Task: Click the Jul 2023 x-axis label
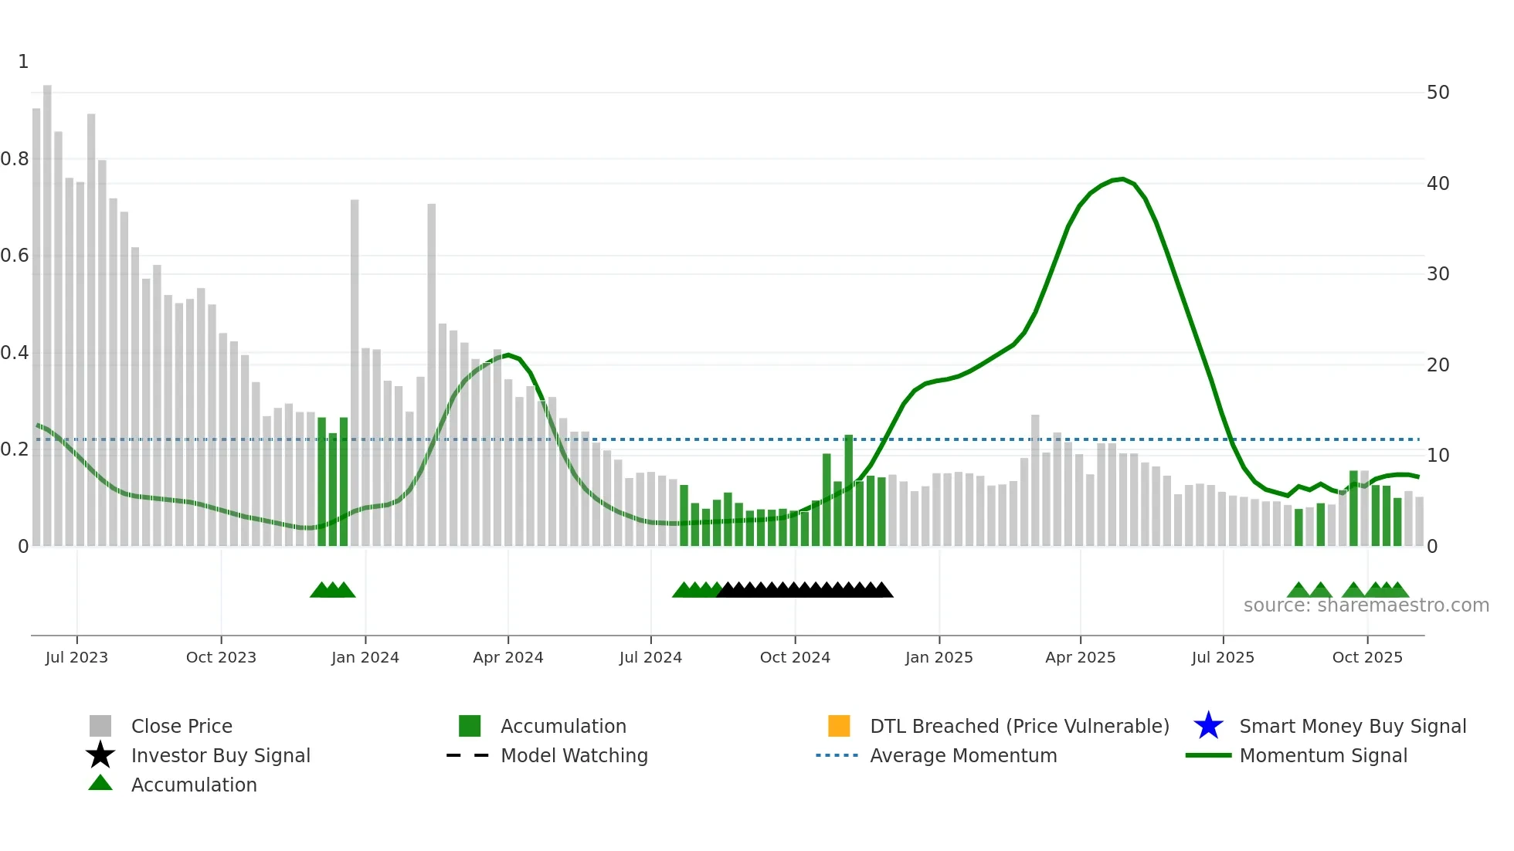pyautogui.click(x=76, y=657)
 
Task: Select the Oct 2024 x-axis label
pyautogui.click(x=795, y=657)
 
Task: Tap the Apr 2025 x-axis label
pyautogui.click(x=1080, y=657)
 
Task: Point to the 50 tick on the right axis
pyautogui.click(x=1438, y=93)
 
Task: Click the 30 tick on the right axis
pyautogui.click(x=1438, y=274)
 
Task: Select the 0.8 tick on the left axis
pyautogui.click(x=15, y=159)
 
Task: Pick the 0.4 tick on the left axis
pyautogui.click(x=15, y=353)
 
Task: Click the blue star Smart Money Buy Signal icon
pyautogui.click(x=1208, y=726)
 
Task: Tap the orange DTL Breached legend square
pyautogui.click(x=839, y=726)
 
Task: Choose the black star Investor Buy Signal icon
pyautogui.click(x=100, y=755)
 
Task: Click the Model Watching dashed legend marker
pyautogui.click(x=468, y=755)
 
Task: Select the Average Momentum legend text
pyautogui.click(x=963, y=755)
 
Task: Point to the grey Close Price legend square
pyautogui.click(x=100, y=726)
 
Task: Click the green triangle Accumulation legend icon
pyautogui.click(x=100, y=783)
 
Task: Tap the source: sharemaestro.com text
pyautogui.click(x=1366, y=605)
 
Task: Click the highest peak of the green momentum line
pyautogui.click(x=1122, y=179)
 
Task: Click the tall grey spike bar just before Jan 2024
pyautogui.click(x=355, y=371)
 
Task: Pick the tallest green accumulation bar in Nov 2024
pyautogui.click(x=848, y=490)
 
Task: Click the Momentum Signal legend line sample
pyautogui.click(x=1208, y=755)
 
